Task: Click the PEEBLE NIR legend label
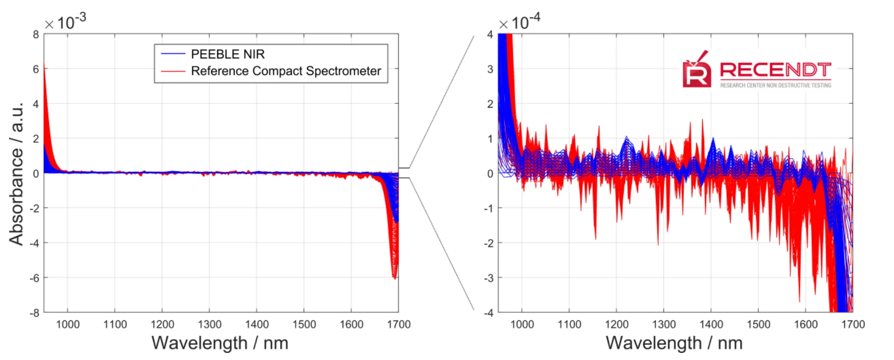tap(228, 54)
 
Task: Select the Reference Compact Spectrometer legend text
tap(286, 71)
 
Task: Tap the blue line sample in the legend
tap(173, 54)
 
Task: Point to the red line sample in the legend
tap(173, 71)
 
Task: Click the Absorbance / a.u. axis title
tap(16, 173)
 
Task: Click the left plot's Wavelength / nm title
tap(220, 343)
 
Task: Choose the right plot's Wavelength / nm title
tap(674, 343)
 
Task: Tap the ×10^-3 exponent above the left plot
tap(65, 21)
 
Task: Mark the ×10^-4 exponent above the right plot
tap(519, 21)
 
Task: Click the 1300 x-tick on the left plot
tap(210, 325)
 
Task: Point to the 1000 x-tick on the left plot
tap(68, 325)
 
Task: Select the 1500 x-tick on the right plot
tap(758, 325)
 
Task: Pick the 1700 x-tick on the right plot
tap(853, 325)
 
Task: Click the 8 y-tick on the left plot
tap(36, 34)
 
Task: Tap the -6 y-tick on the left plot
tap(34, 278)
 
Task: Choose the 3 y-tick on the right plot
tap(490, 69)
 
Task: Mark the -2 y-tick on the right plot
tap(489, 243)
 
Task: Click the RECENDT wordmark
tap(775, 70)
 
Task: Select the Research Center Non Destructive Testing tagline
tap(775, 86)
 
